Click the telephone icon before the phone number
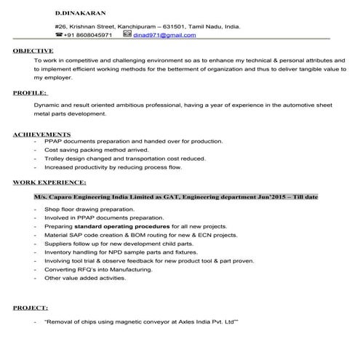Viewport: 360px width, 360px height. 59,35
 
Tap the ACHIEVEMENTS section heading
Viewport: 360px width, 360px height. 42,135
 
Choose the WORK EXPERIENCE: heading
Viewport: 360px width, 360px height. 49,182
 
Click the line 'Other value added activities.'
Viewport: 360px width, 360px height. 86,278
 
